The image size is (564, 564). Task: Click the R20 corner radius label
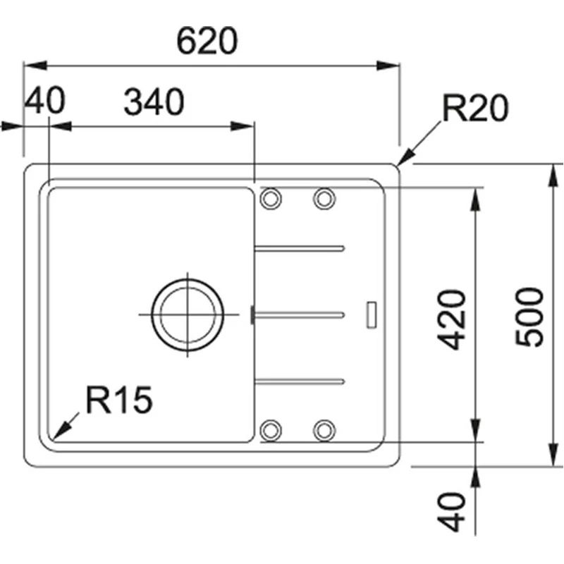(x=474, y=109)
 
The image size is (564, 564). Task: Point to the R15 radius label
(x=118, y=400)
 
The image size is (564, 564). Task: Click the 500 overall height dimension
(x=530, y=316)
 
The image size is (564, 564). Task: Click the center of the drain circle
(x=188, y=314)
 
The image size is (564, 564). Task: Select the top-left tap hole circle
(x=271, y=199)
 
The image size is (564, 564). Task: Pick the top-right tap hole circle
(x=324, y=199)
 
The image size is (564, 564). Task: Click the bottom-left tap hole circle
(x=271, y=429)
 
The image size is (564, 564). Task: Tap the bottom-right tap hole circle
(x=324, y=429)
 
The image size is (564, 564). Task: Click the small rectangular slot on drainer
(x=372, y=314)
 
